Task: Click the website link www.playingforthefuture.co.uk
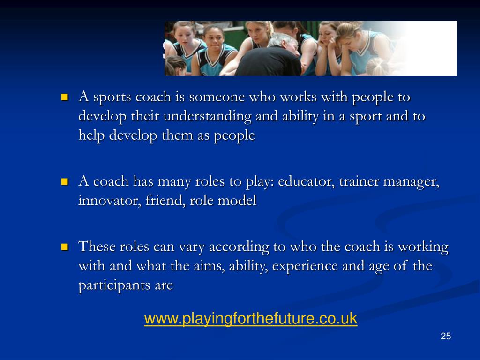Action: (251, 319)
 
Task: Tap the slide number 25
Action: (446, 336)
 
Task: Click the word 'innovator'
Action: (102, 201)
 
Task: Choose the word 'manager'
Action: (411, 181)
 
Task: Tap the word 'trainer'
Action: (359, 181)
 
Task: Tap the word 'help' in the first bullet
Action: (92, 135)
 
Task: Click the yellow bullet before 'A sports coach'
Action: (65, 97)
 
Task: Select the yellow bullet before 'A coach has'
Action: (65, 182)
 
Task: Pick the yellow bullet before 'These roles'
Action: (65, 247)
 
